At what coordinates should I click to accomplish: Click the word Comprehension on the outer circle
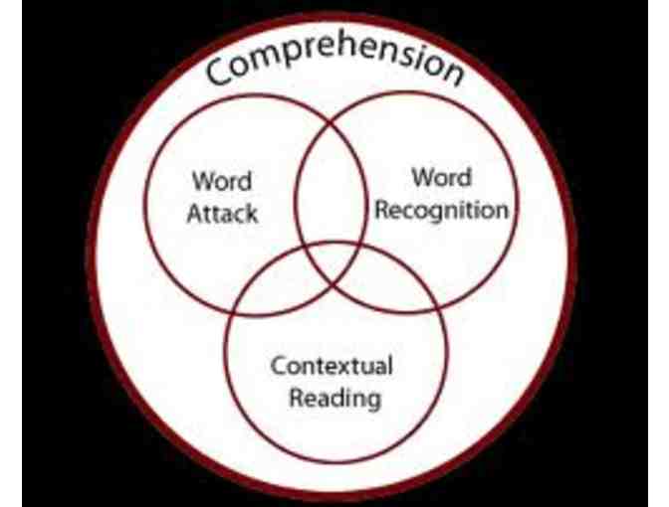point(335,62)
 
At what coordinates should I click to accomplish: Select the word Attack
point(222,212)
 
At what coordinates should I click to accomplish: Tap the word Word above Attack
point(222,184)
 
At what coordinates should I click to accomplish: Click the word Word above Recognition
point(441,180)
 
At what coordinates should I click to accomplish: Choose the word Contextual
point(333,366)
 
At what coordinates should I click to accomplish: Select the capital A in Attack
point(194,212)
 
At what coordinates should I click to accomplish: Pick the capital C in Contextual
point(278,366)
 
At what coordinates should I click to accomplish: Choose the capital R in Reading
point(295,398)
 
